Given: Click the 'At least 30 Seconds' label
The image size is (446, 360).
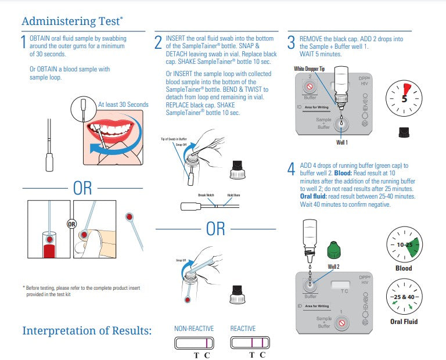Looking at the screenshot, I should (x=123, y=105).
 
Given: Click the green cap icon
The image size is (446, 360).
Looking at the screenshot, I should (x=333, y=251).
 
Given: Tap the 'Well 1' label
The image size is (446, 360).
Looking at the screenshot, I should (x=342, y=142).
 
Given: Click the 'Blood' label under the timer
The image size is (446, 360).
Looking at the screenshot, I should (x=404, y=268).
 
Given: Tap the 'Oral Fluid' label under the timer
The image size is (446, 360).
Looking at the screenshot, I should (x=404, y=321).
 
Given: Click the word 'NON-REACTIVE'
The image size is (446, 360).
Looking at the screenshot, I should (x=194, y=329).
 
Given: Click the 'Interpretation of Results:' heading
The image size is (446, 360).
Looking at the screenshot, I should (x=87, y=330).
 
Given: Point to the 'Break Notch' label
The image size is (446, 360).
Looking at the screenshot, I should (x=206, y=196).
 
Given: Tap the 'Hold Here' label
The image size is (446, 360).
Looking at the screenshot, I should (x=234, y=196).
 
